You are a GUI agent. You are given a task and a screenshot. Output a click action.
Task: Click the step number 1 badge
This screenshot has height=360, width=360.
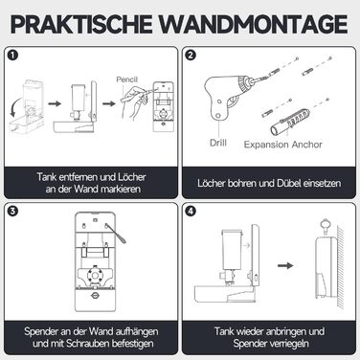tap(13, 56)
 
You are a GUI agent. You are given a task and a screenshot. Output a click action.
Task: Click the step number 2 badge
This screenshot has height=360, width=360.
tap(191, 56)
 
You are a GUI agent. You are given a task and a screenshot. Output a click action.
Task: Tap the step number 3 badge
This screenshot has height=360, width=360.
tap(13, 211)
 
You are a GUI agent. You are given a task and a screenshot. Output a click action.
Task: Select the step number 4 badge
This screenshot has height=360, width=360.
tap(191, 211)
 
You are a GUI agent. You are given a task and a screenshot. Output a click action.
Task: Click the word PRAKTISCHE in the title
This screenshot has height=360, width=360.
tap(81, 24)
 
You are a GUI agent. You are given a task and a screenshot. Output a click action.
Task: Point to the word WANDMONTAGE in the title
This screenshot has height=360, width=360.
tap(254, 24)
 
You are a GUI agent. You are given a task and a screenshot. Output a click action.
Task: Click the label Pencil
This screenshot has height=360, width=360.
tap(126, 79)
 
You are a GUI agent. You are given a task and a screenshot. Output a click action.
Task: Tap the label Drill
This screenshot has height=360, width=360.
tap(218, 143)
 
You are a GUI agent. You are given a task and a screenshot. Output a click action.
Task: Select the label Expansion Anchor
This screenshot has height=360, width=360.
tap(283, 145)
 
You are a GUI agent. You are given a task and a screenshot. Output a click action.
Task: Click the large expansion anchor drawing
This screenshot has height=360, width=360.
tap(290, 122)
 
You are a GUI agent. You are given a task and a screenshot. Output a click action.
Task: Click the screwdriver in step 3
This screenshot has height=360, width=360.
tap(116, 234)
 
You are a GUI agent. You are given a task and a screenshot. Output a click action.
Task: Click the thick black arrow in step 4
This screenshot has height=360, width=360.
tap(285, 265)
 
